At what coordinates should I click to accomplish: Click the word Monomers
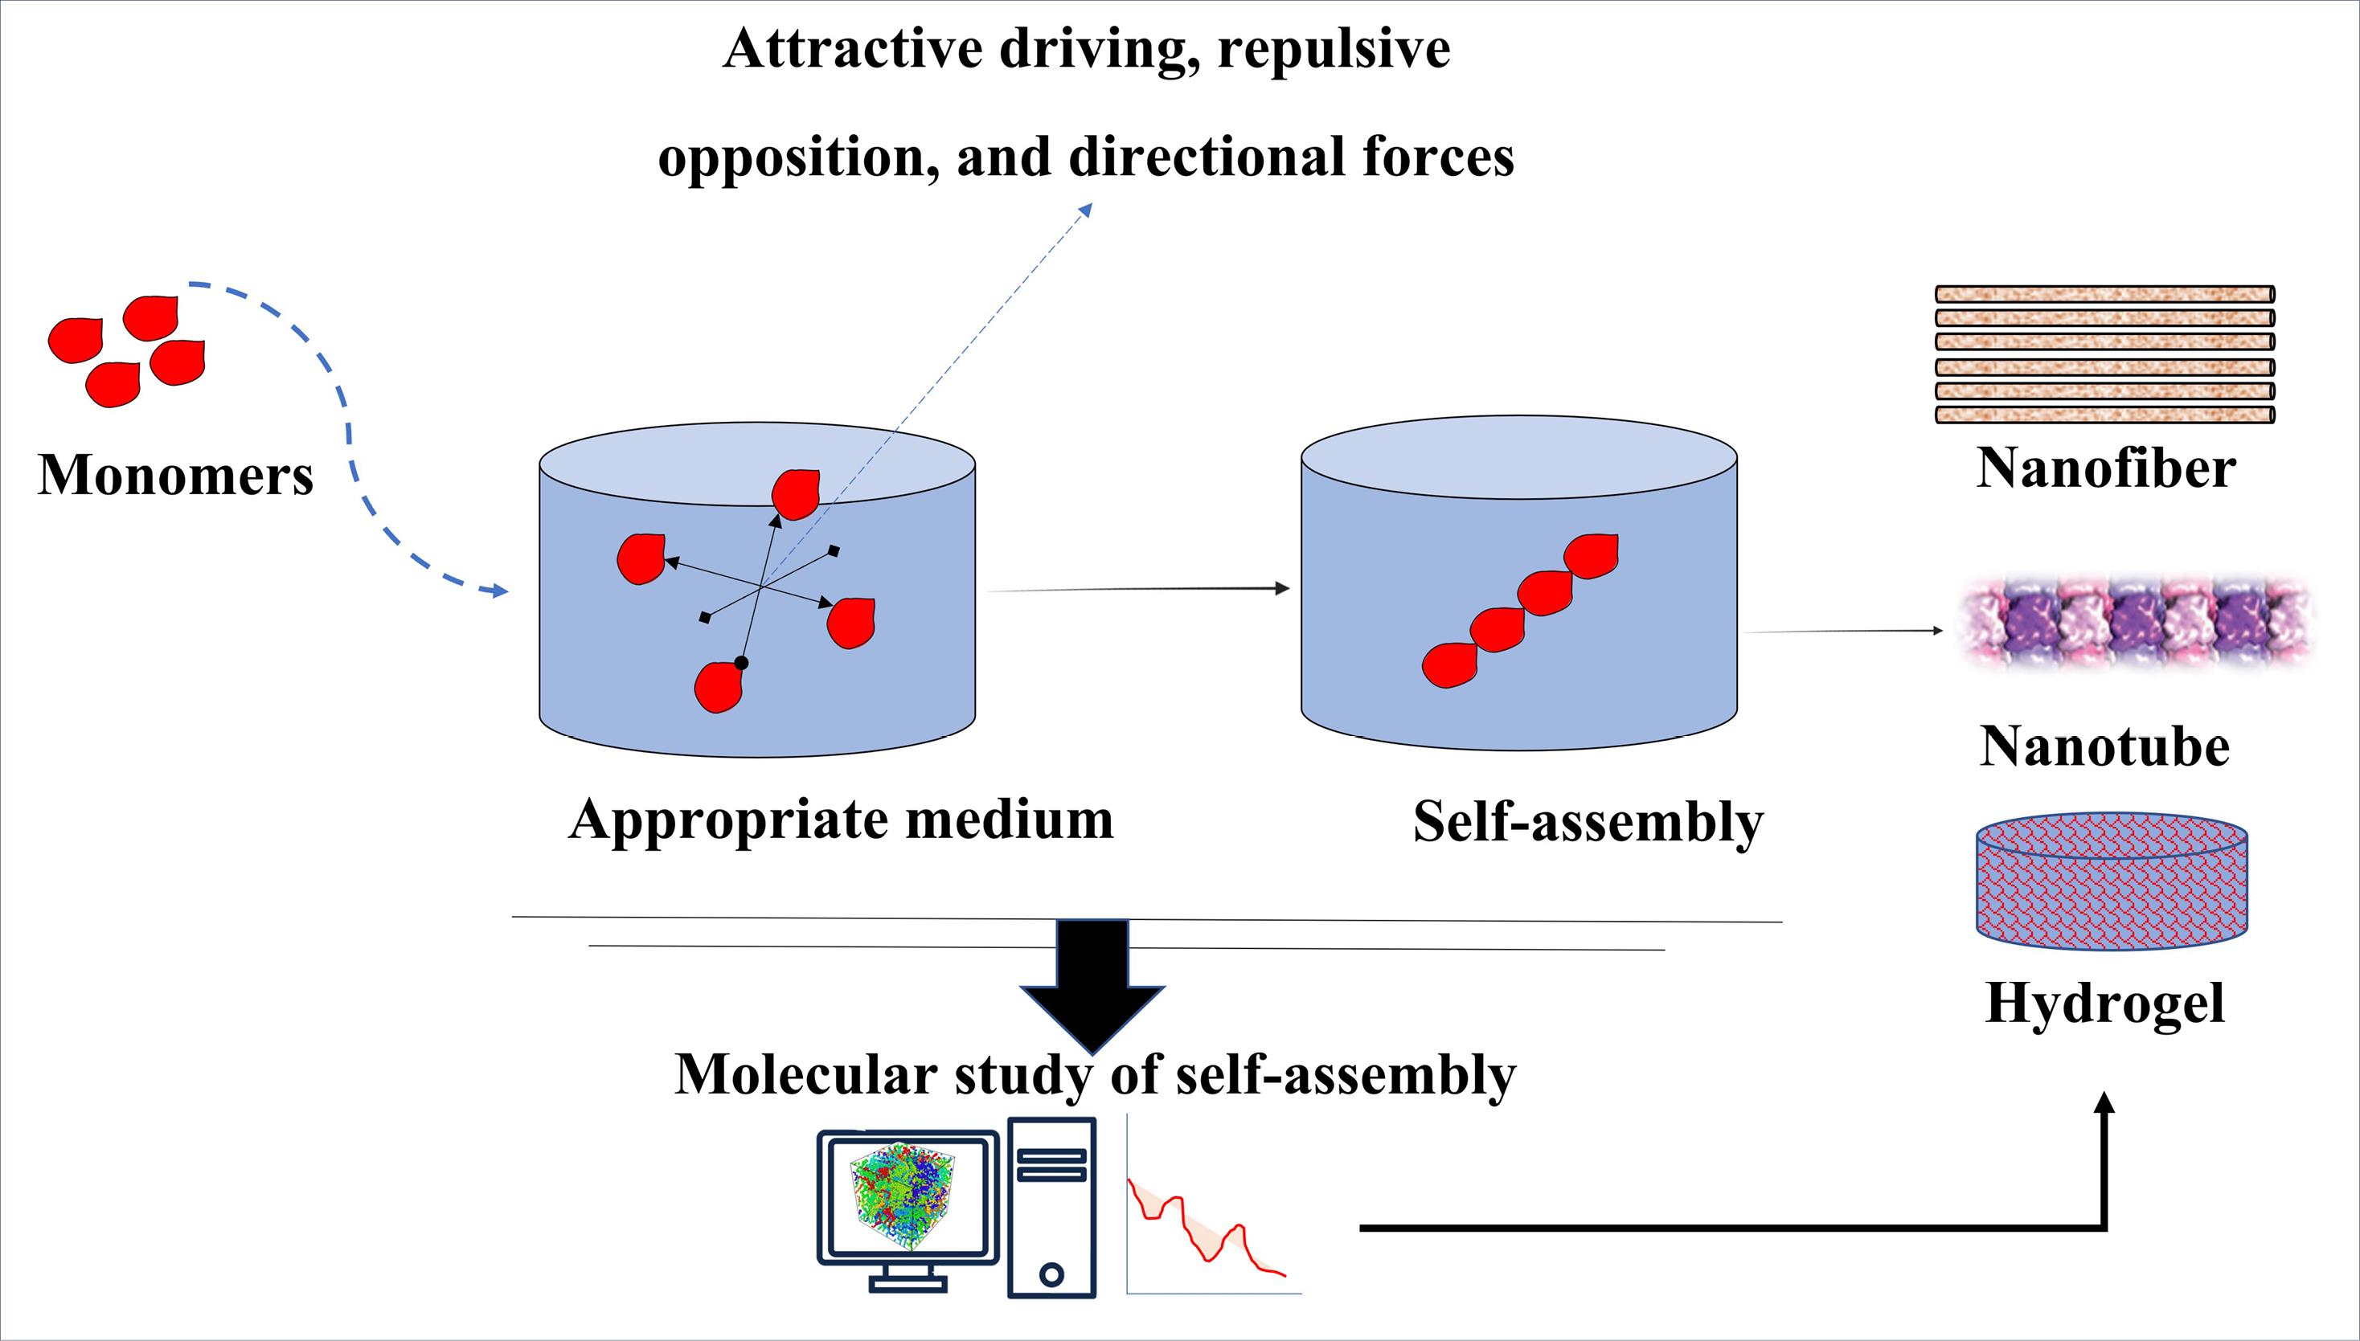point(175,475)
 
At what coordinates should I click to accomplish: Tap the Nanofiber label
point(2106,468)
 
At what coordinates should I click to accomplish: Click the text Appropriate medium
point(841,819)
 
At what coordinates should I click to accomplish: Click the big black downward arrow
point(1093,986)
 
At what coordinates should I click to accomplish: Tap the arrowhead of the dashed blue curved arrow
point(500,591)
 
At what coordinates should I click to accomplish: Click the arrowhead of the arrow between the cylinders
point(1281,588)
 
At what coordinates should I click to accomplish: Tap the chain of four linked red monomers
point(1520,610)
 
